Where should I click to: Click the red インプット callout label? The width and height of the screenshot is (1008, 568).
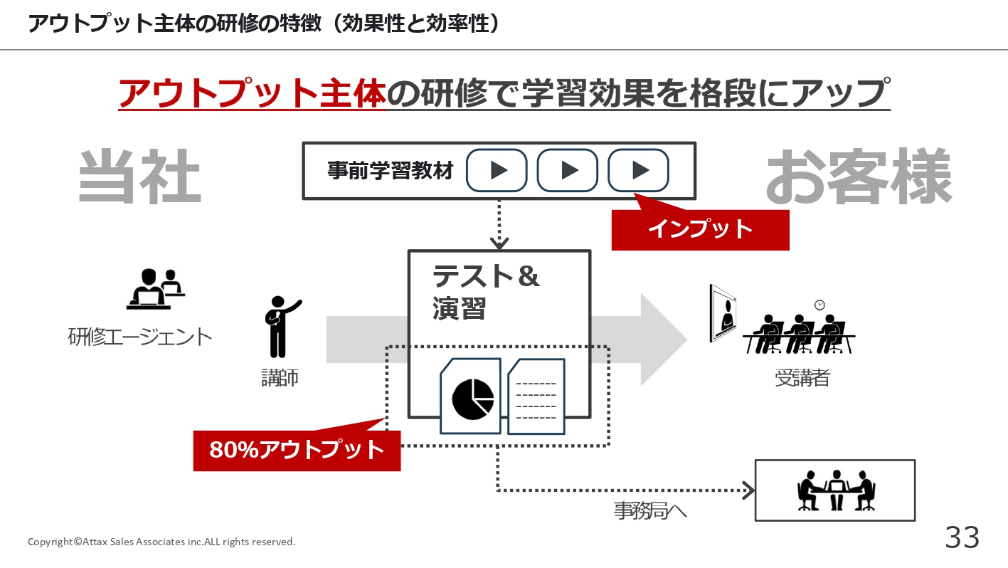[700, 230]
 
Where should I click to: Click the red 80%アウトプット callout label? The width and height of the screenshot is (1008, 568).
[297, 451]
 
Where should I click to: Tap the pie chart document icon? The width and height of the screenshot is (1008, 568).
[471, 396]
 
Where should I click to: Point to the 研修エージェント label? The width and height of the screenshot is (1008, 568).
[139, 337]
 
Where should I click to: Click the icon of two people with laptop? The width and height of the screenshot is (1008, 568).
[155, 289]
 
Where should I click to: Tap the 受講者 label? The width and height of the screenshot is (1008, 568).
[802, 378]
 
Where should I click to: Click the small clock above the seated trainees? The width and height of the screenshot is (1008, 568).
[820, 305]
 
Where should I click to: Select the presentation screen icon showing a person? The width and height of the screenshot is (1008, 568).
[723, 313]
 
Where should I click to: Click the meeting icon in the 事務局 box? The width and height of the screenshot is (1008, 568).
[837, 490]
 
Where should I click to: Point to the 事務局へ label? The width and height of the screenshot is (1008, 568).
[650, 511]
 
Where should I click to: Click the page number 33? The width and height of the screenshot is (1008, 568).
[962, 537]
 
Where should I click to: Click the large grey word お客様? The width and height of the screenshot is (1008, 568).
[859, 176]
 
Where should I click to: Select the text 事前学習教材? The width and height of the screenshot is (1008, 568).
[390, 171]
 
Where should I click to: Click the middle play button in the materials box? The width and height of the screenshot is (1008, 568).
[568, 170]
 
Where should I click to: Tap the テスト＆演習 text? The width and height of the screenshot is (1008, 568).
[486, 292]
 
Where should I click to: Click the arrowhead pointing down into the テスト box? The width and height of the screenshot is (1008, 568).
[499, 243]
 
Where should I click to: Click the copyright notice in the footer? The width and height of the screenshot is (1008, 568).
[161, 542]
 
